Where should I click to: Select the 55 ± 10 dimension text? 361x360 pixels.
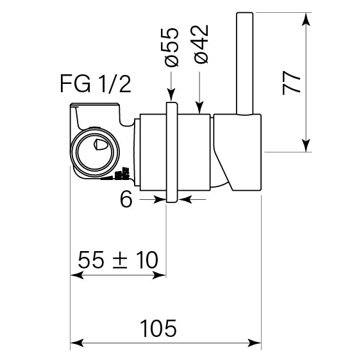pos(117,260)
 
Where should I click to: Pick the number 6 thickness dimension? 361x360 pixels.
pos(126,200)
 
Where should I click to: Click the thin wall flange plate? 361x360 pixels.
pos(171,151)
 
